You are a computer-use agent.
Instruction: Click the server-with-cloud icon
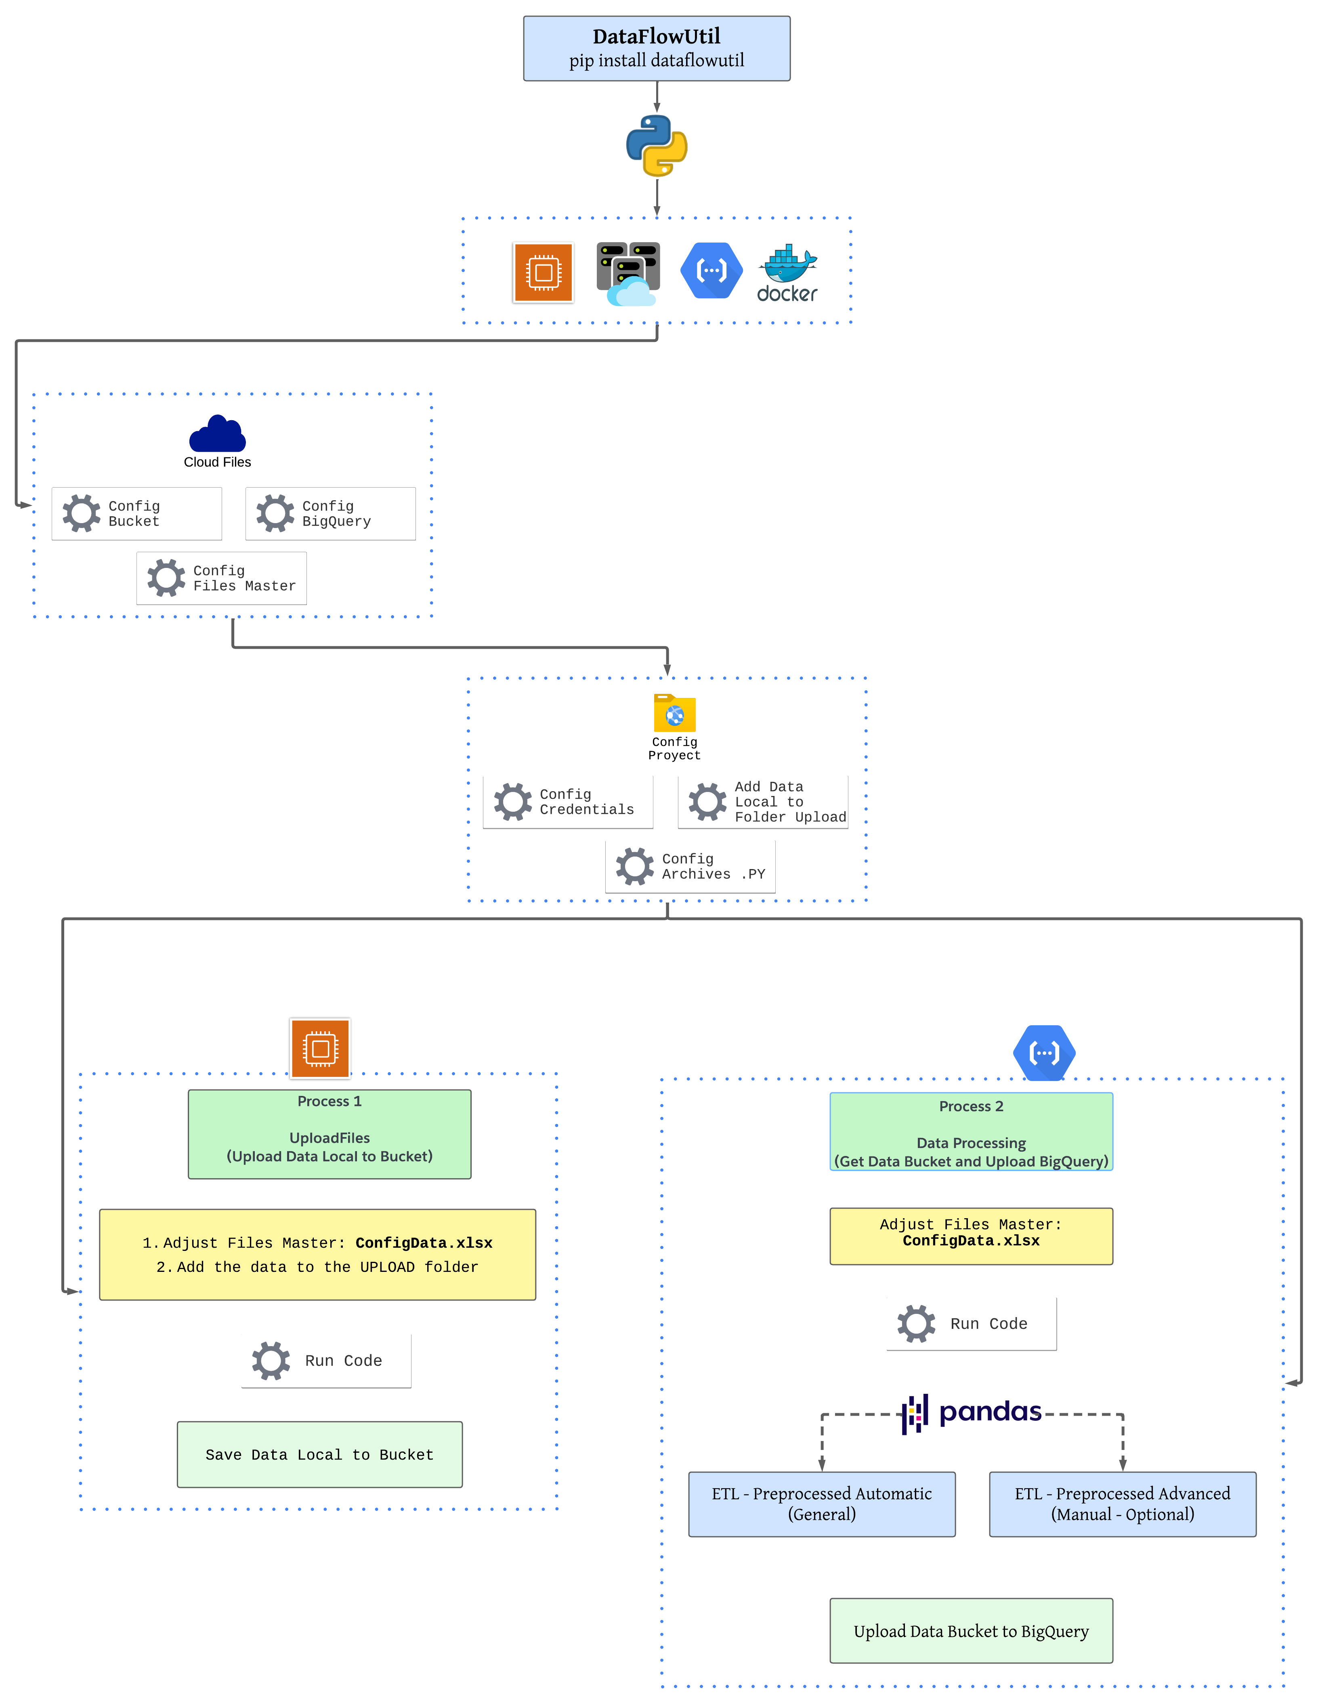pos(628,273)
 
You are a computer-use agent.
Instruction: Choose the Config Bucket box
pos(136,514)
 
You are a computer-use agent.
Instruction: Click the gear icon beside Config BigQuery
pos(275,514)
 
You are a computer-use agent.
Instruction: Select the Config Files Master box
pos(222,578)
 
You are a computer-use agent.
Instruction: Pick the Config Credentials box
pos(568,802)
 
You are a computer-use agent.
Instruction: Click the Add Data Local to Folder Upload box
pos(763,802)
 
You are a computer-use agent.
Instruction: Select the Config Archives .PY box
pos(690,867)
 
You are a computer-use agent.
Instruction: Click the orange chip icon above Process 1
pos(320,1048)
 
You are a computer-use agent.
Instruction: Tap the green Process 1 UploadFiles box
pos(329,1133)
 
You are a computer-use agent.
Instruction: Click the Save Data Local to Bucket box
pos(319,1454)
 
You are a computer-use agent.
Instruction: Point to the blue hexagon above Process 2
pos(1044,1052)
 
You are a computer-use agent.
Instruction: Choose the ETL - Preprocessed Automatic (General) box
pos(821,1504)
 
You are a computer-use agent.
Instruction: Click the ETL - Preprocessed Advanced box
pos(1122,1504)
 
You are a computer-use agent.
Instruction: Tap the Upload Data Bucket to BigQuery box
pos(971,1631)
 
